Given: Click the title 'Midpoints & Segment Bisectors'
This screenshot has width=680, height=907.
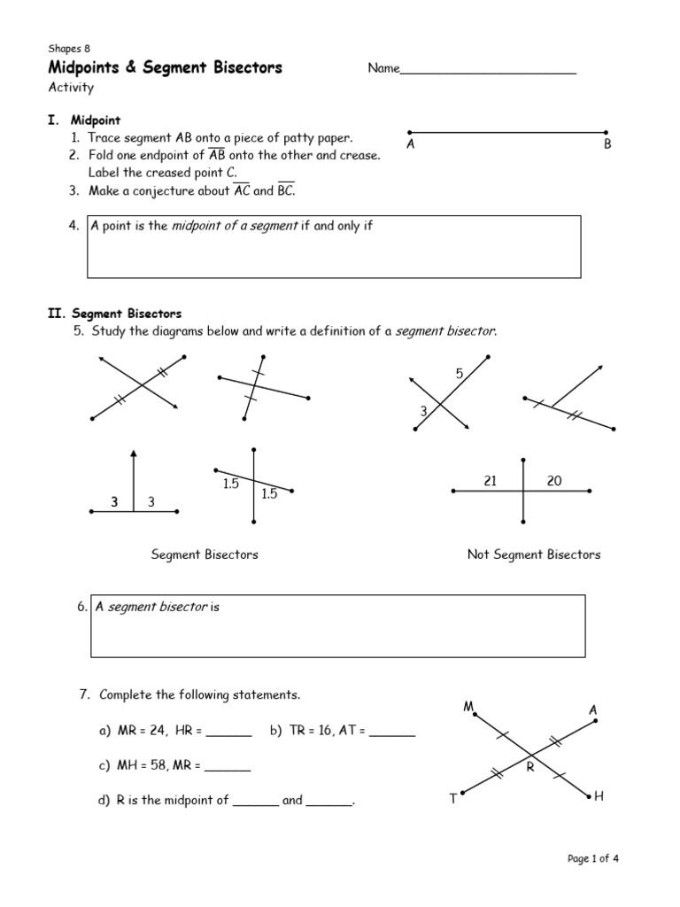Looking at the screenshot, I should [165, 68].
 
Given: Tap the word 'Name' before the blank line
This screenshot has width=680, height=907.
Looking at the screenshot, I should [383, 69].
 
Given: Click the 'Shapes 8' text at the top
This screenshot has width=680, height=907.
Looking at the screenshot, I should [69, 49].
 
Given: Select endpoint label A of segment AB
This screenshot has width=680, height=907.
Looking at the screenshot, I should [410, 143].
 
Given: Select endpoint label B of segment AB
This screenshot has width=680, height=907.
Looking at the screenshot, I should [607, 143].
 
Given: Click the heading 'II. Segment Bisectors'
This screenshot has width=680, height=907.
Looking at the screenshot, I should [114, 314].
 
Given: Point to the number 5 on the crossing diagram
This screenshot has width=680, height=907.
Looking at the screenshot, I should [460, 375].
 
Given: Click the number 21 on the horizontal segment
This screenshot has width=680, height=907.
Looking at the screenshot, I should [491, 481].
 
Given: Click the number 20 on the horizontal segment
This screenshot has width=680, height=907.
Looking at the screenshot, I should [554, 481].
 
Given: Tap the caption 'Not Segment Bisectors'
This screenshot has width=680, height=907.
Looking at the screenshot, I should [533, 554].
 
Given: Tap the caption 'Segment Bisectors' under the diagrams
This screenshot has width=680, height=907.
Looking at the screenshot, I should [205, 554].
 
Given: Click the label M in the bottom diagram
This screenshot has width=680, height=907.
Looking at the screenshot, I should [468, 706].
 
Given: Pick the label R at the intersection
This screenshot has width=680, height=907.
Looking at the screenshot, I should [530, 767].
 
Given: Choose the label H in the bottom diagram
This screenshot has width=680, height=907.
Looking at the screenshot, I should [599, 797].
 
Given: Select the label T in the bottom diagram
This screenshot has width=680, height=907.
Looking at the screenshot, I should [452, 799].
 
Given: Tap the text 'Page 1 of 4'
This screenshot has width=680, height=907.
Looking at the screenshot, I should [598, 858].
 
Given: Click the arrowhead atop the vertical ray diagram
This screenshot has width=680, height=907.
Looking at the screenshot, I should [134, 456].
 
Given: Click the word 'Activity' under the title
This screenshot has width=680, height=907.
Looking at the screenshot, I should [71, 88].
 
